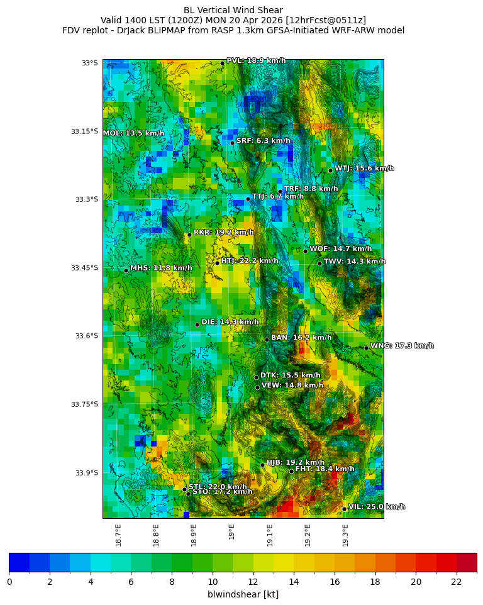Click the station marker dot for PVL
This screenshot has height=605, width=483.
[x=222, y=63]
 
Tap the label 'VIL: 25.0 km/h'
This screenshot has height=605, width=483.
[x=377, y=507]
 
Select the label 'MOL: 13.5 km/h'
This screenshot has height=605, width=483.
[x=133, y=133]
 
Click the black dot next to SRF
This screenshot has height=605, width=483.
[x=232, y=143]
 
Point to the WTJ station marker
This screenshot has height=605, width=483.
[x=330, y=170]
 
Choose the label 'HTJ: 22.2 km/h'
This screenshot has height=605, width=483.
[x=250, y=261]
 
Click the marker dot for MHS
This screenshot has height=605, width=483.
[x=126, y=270]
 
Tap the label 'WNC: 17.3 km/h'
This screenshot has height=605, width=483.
[x=402, y=346]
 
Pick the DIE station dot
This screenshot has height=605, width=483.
[x=197, y=325]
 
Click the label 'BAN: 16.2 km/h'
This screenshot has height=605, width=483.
[x=301, y=338]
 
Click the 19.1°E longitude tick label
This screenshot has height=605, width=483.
[x=270, y=535]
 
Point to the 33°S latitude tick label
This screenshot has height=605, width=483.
[x=89, y=63]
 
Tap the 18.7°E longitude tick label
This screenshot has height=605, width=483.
[x=118, y=535]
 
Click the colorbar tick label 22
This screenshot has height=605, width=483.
[x=457, y=582]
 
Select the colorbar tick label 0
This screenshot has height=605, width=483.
[x=9, y=582]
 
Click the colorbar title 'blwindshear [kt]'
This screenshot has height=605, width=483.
[x=243, y=594]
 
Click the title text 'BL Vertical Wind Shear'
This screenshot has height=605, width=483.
[x=233, y=10]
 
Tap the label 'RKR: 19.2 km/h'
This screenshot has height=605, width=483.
[x=223, y=233]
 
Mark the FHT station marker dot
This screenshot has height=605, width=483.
[x=291, y=471]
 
